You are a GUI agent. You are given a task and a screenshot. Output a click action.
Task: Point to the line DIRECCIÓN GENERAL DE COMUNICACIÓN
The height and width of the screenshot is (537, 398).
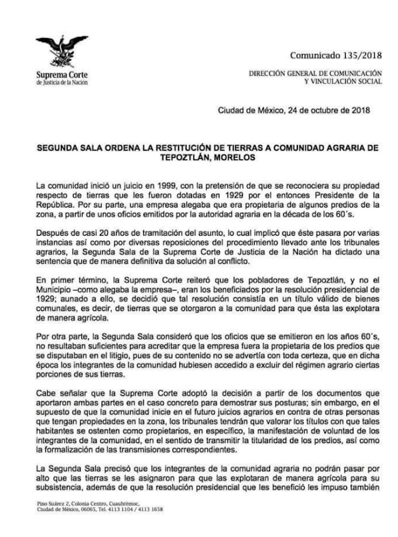pos(316,75)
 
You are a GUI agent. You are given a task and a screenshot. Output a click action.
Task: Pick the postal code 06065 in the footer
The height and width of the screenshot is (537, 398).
pos(80,510)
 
